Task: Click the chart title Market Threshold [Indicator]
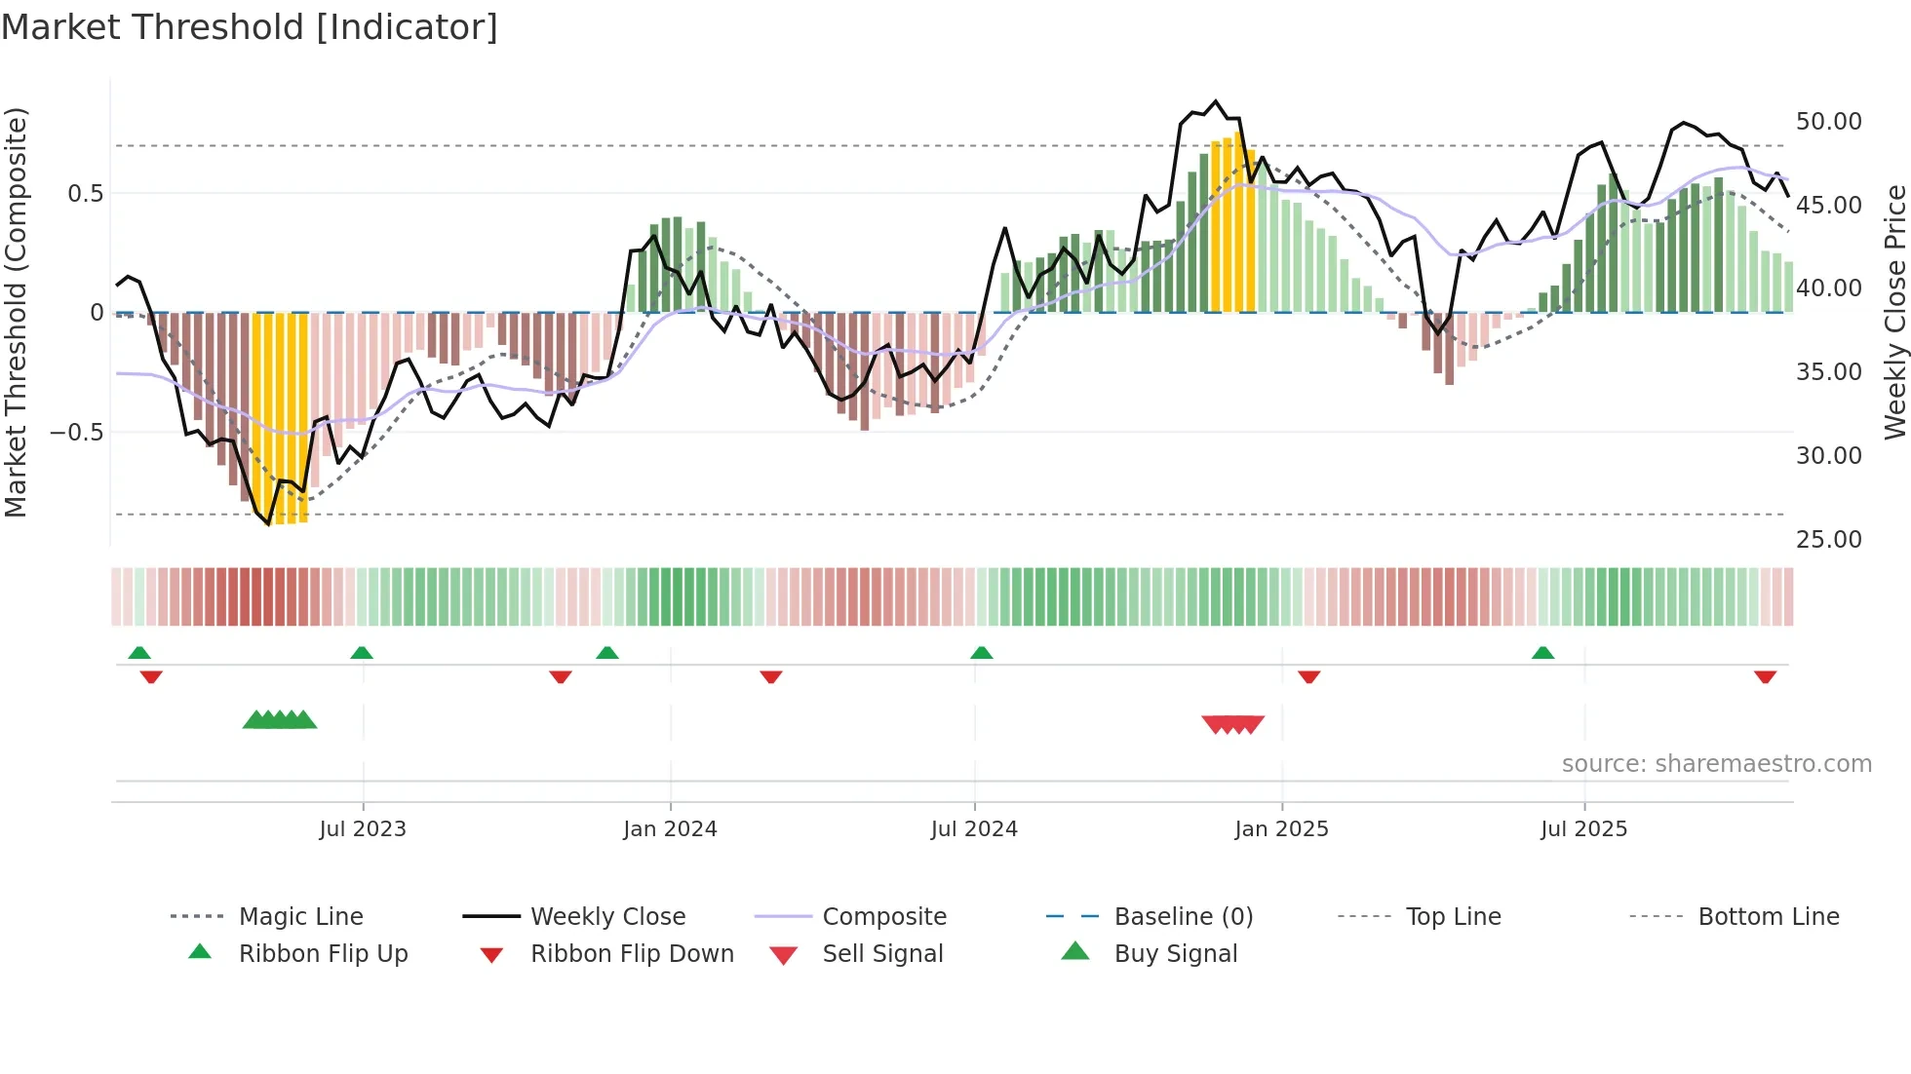coord(250,27)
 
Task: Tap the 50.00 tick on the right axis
coord(1828,122)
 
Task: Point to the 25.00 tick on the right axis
coord(1828,539)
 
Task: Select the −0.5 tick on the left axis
coord(76,432)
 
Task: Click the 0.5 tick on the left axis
coord(85,194)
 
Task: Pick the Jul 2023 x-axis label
coord(363,829)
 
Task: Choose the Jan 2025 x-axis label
coord(1281,829)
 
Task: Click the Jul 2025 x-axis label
coord(1583,829)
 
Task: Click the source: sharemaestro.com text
coord(1716,764)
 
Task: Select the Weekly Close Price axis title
coord(1894,312)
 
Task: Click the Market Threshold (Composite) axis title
coord(16,312)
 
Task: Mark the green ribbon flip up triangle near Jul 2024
coord(982,653)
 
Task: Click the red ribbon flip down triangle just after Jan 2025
coord(1309,676)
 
